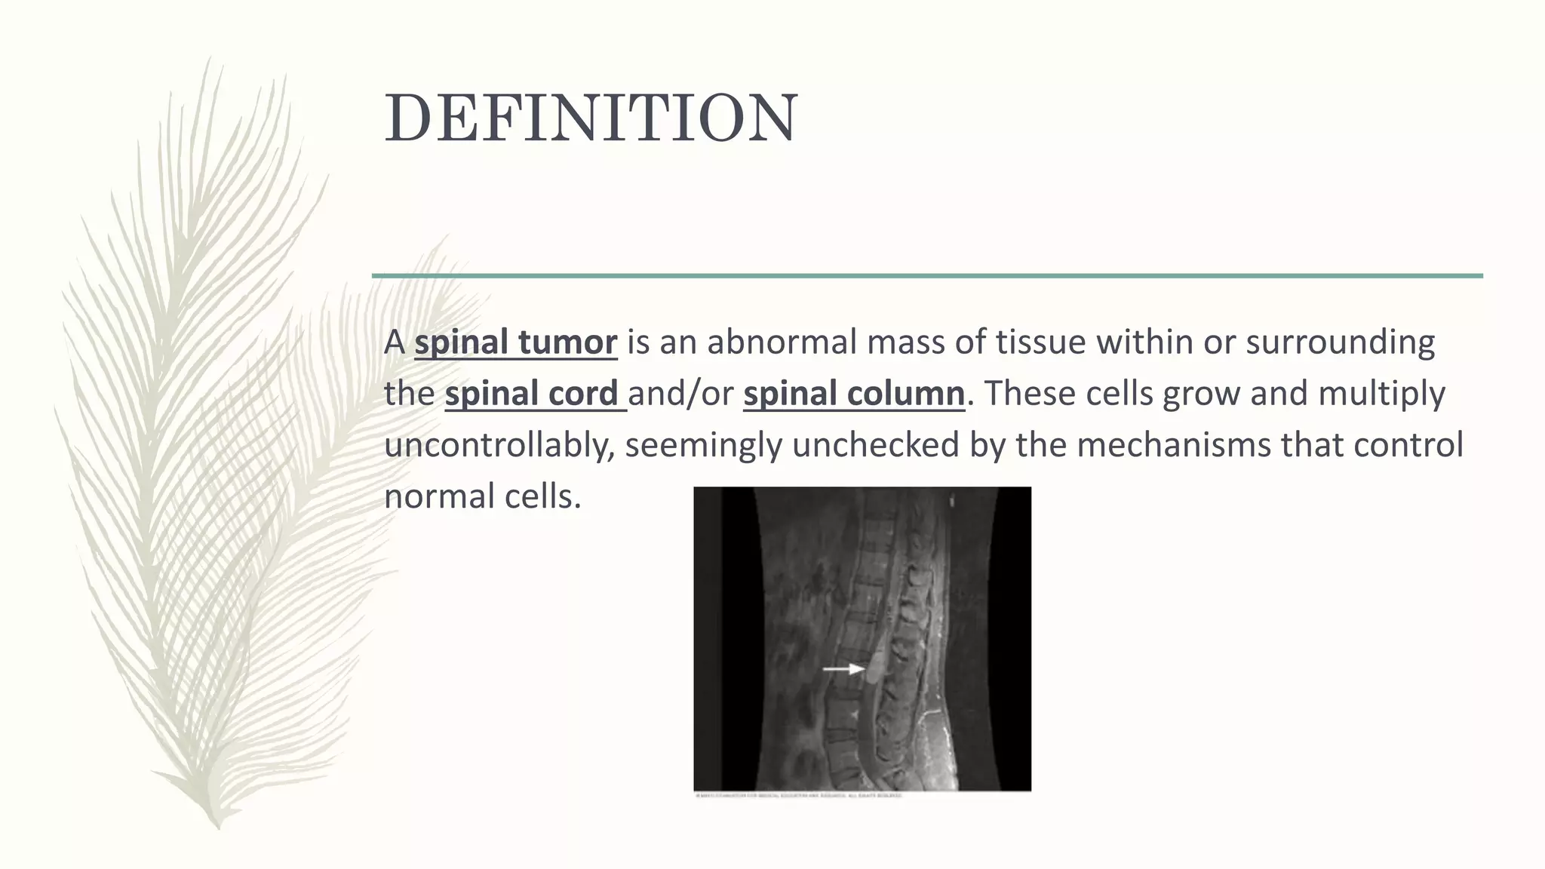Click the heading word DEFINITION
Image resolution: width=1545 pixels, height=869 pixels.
[591, 118]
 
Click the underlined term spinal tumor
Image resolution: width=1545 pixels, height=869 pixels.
[515, 342]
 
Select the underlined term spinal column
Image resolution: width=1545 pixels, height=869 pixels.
[853, 394]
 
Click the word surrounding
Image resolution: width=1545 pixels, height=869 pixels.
[1340, 342]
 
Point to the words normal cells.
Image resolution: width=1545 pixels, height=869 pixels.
[482, 496]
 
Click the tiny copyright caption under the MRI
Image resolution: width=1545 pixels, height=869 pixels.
[798, 795]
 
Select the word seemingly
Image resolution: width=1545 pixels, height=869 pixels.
[703, 445]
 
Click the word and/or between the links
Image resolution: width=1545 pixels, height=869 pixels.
[680, 394]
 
